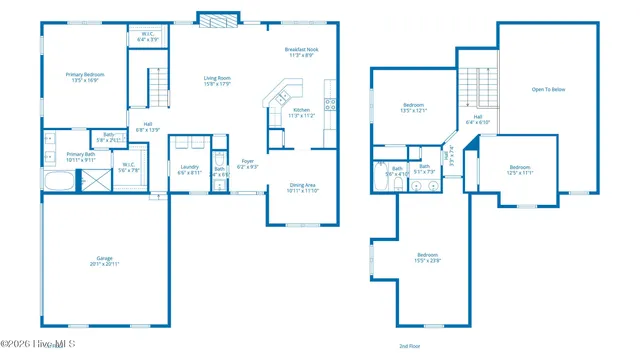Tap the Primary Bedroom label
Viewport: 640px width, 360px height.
pyautogui.click(x=85, y=77)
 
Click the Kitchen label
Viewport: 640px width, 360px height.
pyautogui.click(x=300, y=112)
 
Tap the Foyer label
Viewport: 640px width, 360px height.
pyautogui.click(x=247, y=163)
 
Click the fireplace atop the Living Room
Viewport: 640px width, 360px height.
pyautogui.click(x=217, y=19)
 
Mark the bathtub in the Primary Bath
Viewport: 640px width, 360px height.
pyautogui.click(x=59, y=181)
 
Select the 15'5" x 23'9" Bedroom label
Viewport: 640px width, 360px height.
pyautogui.click(x=428, y=257)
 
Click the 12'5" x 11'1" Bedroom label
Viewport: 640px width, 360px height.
pyautogui.click(x=520, y=169)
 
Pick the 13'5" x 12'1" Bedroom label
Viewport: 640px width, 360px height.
pyautogui.click(x=414, y=107)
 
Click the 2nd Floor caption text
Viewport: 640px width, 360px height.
pyautogui.click(x=409, y=344)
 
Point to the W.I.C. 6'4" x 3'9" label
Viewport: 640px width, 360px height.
pyautogui.click(x=147, y=37)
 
